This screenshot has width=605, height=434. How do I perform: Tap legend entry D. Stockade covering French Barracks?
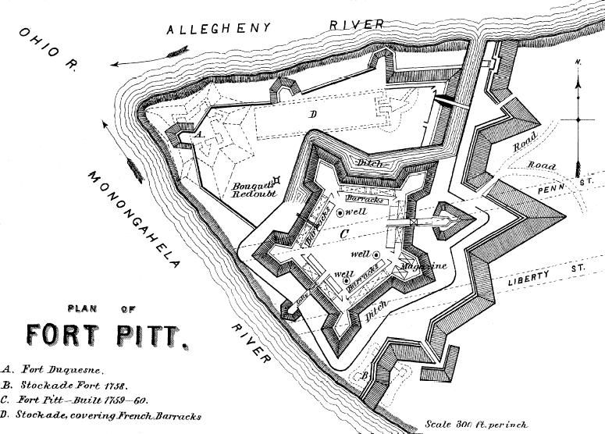pyautogui.click(x=101, y=416)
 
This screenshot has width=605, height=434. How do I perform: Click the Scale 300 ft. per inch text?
pyautogui.click(x=476, y=425)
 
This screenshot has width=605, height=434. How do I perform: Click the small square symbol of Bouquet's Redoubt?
pyautogui.click(x=276, y=182)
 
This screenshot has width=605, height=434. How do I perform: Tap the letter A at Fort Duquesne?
pyautogui.click(x=198, y=134)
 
